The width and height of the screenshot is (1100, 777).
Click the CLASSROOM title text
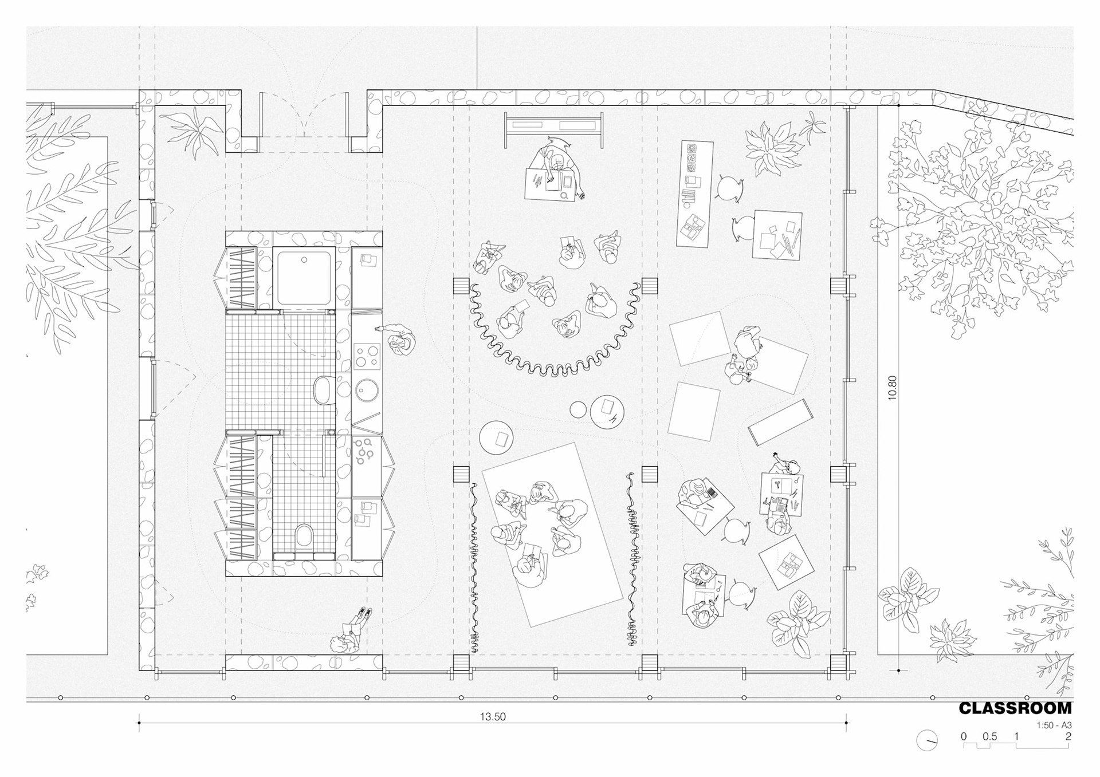pyautogui.click(x=1015, y=708)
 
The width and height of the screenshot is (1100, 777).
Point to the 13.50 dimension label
pyautogui.click(x=493, y=716)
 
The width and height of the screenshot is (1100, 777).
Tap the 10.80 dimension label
pyautogui.click(x=892, y=388)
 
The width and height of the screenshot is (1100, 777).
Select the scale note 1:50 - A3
pyautogui.click(x=1054, y=725)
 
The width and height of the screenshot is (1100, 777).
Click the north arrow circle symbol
pyautogui.click(x=927, y=740)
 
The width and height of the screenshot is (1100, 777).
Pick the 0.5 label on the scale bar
pyautogui.click(x=989, y=737)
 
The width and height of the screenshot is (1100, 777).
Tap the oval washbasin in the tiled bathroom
pyautogui.click(x=324, y=390)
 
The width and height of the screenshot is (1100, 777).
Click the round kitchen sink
pyautogui.click(x=366, y=391)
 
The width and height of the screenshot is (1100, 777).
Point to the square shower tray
pyautogui.click(x=304, y=279)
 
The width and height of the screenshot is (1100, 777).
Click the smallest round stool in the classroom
pyautogui.click(x=578, y=409)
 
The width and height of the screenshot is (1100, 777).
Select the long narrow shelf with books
pyautogui.click(x=694, y=194)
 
